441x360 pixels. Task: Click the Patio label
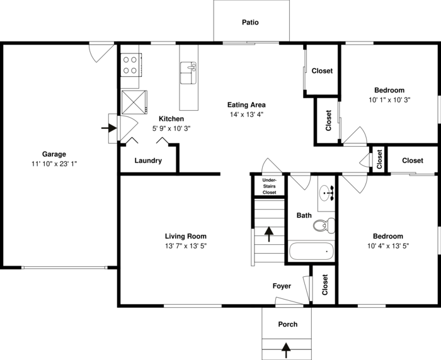(250, 23)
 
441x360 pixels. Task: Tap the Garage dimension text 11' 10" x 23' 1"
(54, 164)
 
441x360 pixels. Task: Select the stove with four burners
(130, 65)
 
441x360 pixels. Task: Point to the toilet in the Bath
(325, 224)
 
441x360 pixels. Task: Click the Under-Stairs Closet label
(269, 186)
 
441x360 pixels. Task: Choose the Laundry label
(148, 160)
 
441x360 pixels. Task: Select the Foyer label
(282, 286)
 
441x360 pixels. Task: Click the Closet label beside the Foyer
(325, 285)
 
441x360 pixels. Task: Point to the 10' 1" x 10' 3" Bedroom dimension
(389, 99)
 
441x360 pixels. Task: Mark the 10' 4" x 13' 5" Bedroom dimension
(389, 246)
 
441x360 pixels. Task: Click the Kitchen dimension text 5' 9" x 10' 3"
(171, 128)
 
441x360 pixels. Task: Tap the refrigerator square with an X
(134, 101)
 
